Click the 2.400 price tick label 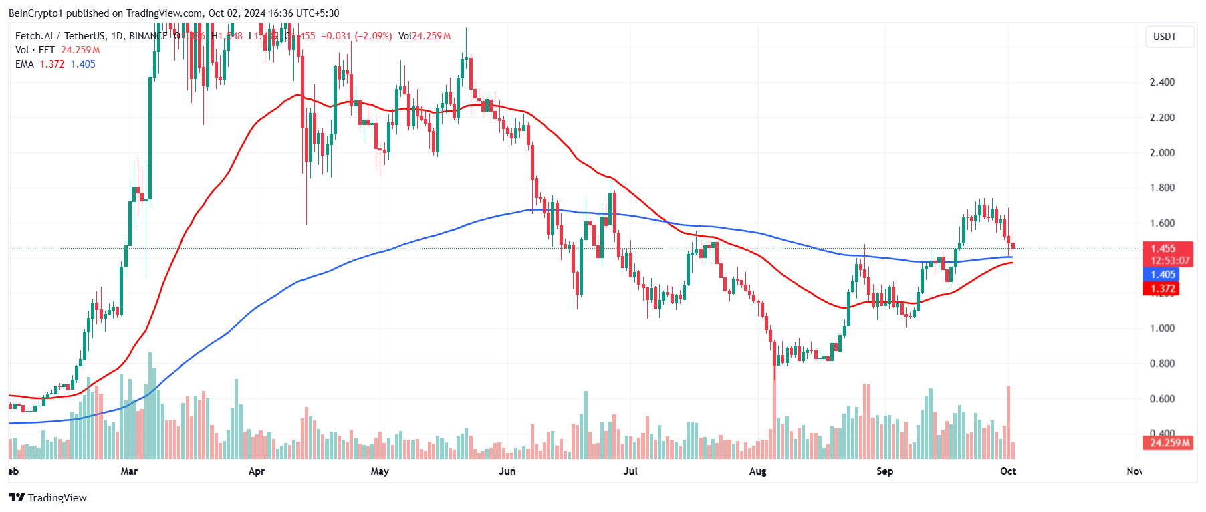(1162, 82)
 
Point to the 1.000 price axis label (1162, 328)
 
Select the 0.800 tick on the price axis (1162, 364)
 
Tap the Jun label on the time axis (507, 471)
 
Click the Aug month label (757, 471)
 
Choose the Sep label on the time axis (884, 471)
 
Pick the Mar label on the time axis (129, 471)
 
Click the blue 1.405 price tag (1163, 275)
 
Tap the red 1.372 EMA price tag (1163, 289)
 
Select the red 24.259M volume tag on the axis (1169, 442)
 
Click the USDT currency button (1165, 37)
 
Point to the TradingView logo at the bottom (48, 497)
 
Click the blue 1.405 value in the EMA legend (83, 64)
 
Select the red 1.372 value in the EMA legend (52, 64)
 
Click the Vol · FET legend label (35, 50)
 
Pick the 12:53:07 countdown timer (1169, 261)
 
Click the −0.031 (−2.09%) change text (356, 36)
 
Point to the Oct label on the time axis (1008, 471)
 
